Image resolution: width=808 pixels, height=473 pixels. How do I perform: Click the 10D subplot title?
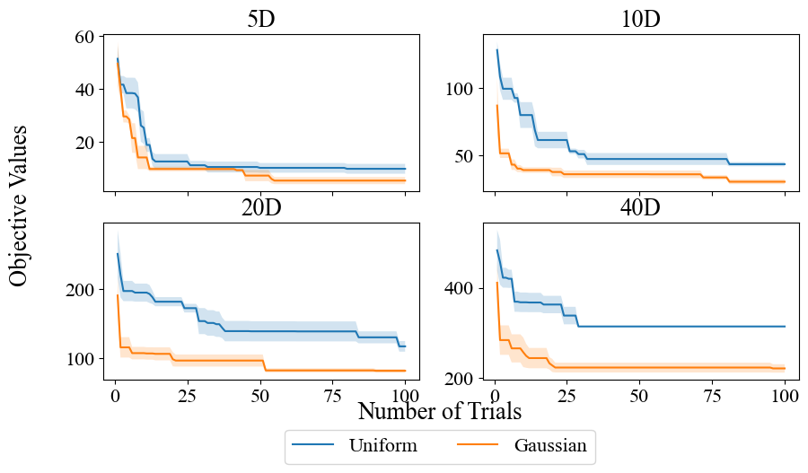[x=640, y=20]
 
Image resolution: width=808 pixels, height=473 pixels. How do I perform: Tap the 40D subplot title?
[x=640, y=208]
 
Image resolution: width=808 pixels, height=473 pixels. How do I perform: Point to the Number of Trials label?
[x=439, y=411]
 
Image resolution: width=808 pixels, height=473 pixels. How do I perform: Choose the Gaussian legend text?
[x=550, y=444]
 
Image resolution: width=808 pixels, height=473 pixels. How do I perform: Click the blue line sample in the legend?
[x=315, y=444]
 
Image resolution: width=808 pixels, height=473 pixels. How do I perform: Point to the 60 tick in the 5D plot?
[x=85, y=37]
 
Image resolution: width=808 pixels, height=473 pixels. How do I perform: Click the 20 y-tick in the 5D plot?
[x=85, y=143]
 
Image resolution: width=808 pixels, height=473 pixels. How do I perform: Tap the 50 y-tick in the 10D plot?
[x=468, y=156]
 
